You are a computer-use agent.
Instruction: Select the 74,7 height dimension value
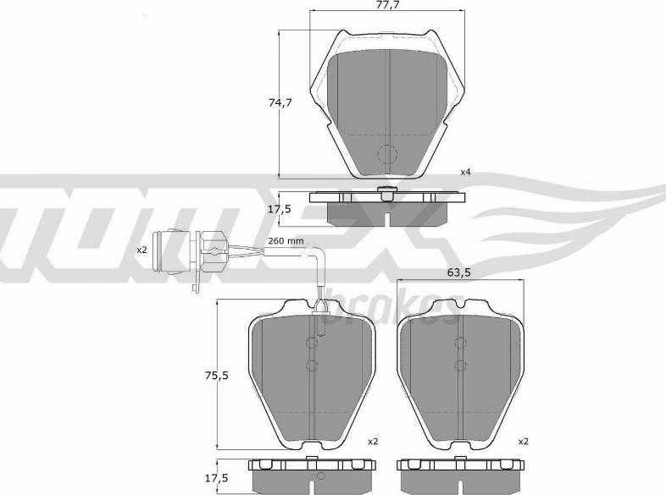[x=280, y=102]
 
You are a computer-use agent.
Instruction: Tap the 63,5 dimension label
[x=458, y=272]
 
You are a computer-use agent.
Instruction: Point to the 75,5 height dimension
[x=217, y=376]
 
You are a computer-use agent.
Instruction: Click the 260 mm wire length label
[x=286, y=241]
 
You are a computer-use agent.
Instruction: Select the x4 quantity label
[x=466, y=173]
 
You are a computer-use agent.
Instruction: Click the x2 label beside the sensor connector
[x=142, y=250]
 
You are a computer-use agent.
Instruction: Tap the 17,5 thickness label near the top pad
[x=280, y=209]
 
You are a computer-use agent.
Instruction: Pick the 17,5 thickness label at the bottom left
[x=217, y=478]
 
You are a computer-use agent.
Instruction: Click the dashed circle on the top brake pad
[x=387, y=153]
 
